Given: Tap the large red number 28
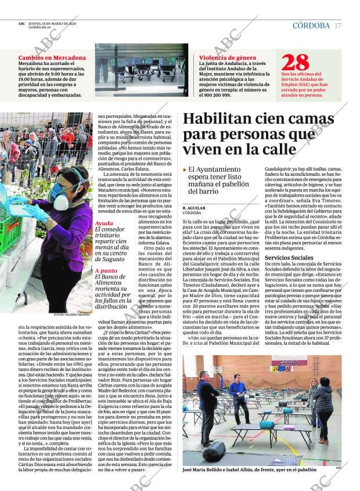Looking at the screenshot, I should [295, 63].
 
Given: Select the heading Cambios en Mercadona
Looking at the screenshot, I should [52, 58].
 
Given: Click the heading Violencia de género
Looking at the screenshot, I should [227, 58].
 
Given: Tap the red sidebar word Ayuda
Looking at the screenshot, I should [104, 223].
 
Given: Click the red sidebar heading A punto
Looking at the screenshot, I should [106, 270].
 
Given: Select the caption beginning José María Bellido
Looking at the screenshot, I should [249, 470].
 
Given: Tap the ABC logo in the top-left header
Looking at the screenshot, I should [21, 24].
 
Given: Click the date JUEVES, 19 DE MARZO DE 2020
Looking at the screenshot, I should [52, 24].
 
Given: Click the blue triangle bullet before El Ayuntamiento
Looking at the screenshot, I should [185, 169].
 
